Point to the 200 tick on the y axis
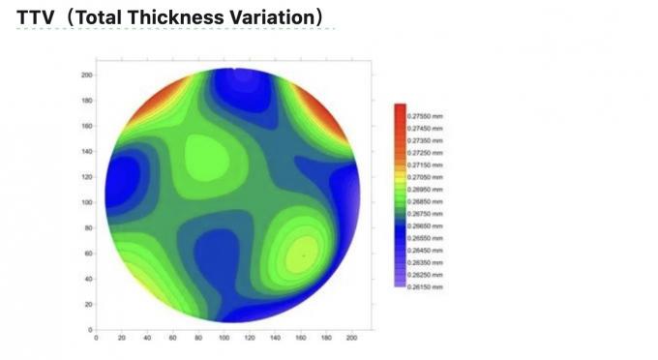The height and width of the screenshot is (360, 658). pos(87,75)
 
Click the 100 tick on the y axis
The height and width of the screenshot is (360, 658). pos(87,202)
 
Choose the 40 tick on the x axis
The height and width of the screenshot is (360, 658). pos(147,338)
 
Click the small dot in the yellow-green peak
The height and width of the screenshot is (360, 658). pos(302,255)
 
